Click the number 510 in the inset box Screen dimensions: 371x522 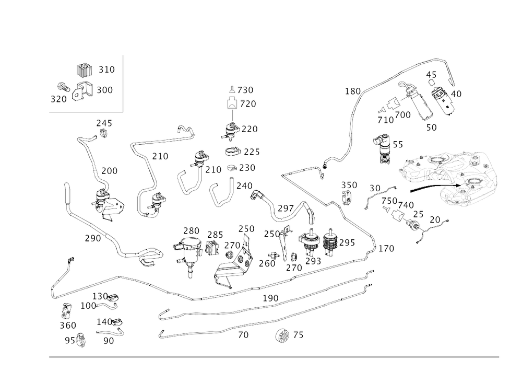106,69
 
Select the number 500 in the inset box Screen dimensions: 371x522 105,90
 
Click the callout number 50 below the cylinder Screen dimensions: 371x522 431,125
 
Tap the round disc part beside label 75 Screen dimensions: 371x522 282,334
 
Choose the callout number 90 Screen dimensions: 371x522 108,341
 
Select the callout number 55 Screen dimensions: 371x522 397,146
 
